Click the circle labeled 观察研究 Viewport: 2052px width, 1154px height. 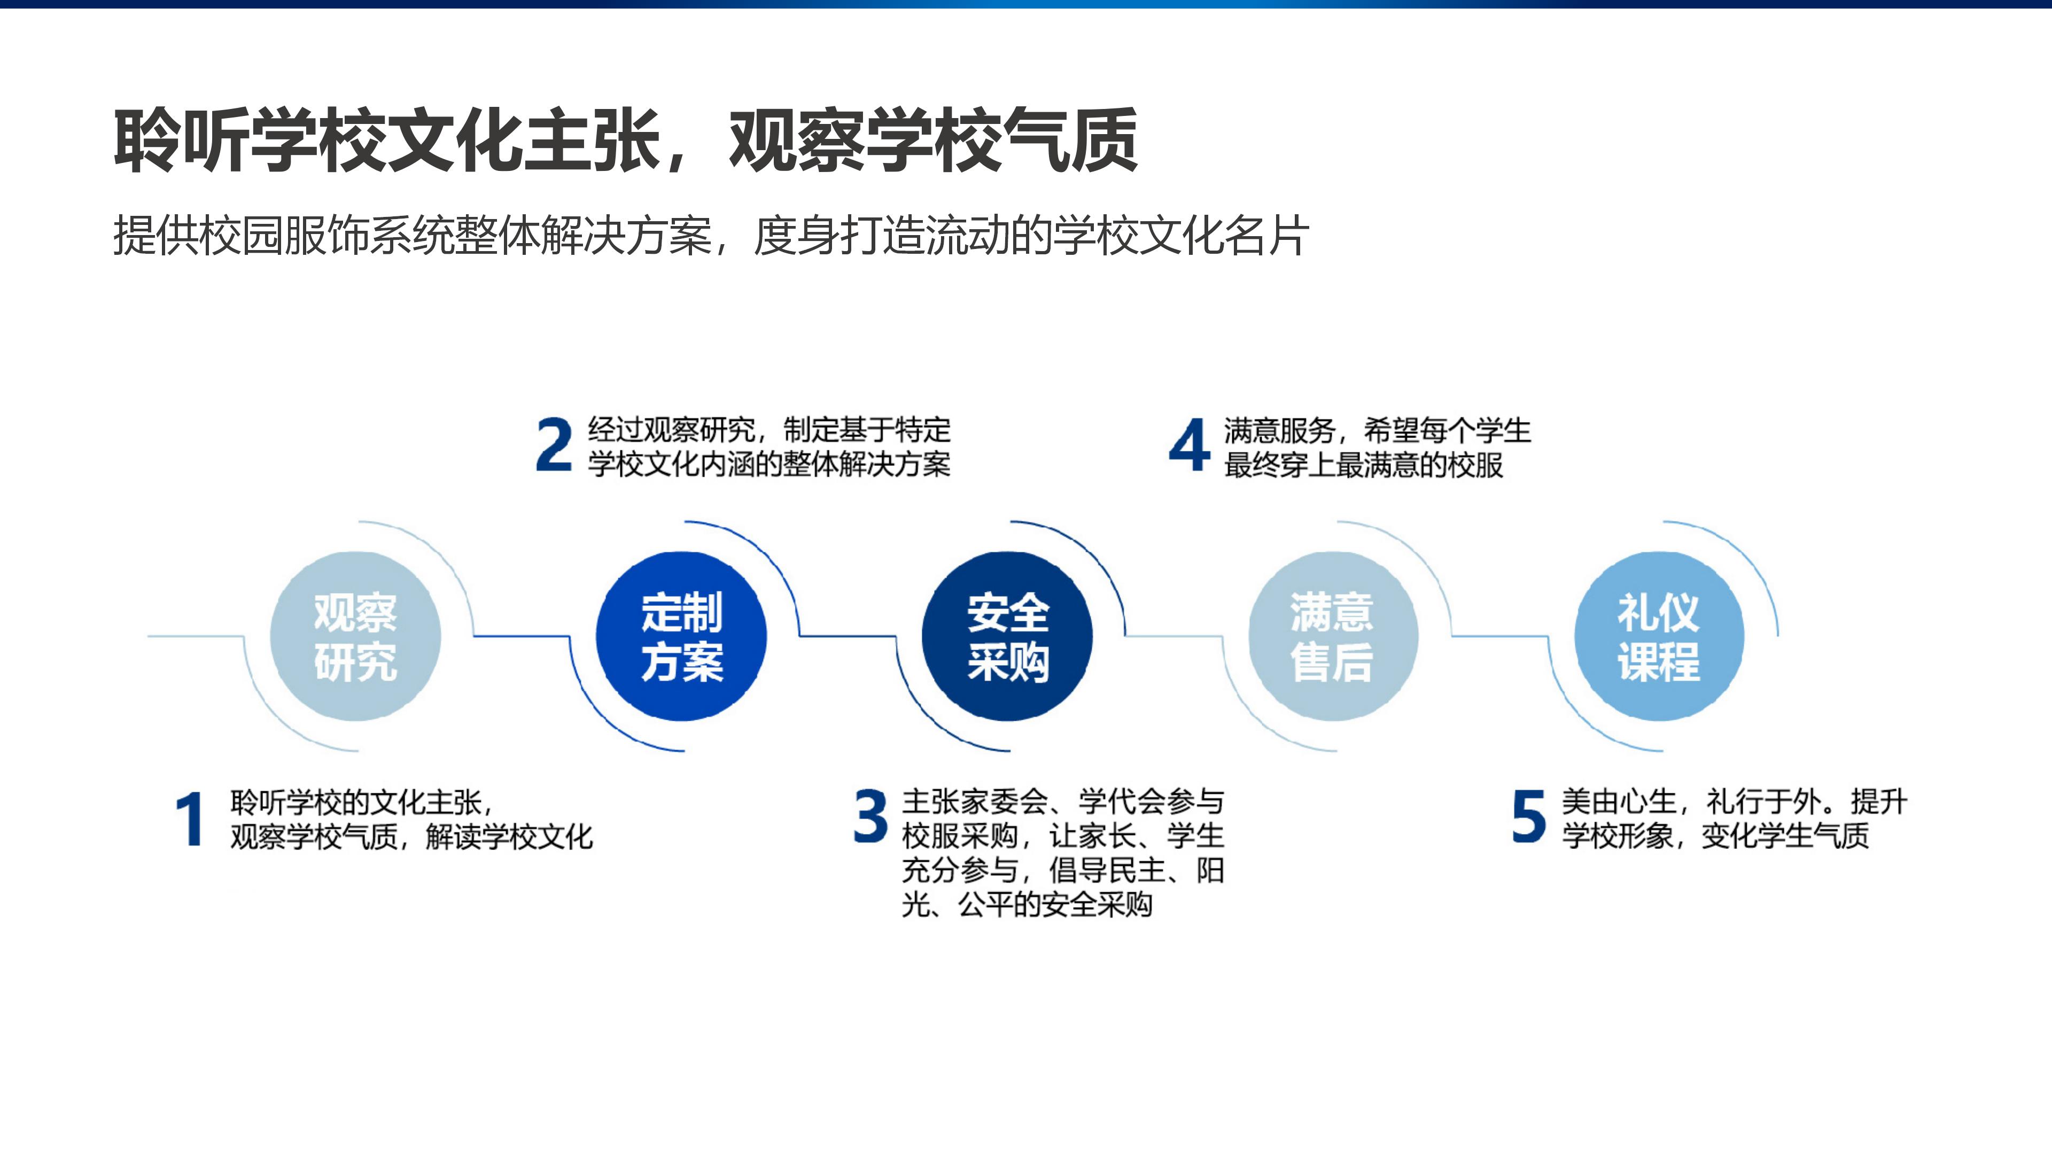[x=355, y=636]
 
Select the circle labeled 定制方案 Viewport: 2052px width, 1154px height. [x=681, y=636]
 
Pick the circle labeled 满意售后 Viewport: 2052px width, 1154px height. [x=1333, y=636]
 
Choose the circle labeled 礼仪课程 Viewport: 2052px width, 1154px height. [x=1659, y=636]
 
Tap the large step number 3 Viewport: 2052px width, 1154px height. [x=870, y=816]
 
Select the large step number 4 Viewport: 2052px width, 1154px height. [x=1190, y=445]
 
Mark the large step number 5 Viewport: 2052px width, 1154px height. [x=1529, y=816]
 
